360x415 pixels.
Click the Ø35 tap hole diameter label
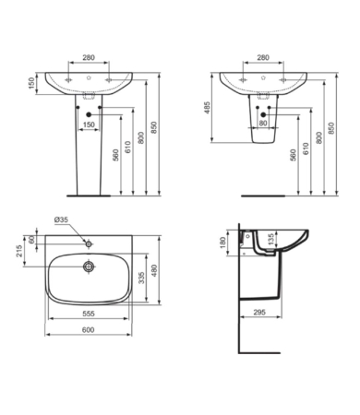coord(61,219)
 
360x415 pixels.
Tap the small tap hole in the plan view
coord(88,243)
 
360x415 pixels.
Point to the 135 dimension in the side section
coord(270,240)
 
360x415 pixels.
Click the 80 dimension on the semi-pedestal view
coord(263,122)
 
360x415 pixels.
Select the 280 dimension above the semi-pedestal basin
coord(263,57)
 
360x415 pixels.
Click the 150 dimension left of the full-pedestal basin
coord(31,85)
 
